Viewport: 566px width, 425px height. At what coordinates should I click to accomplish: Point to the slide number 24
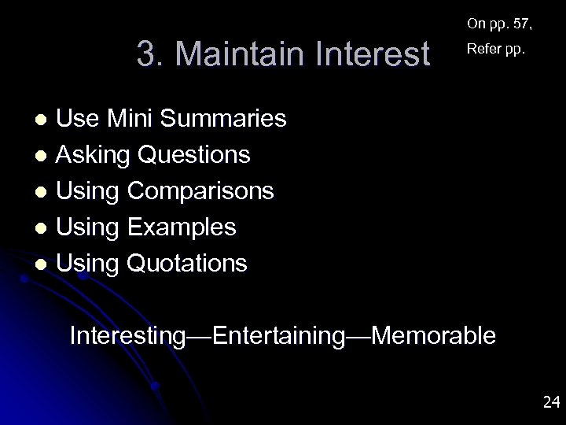(x=550, y=403)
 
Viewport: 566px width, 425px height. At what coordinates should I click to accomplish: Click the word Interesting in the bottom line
(x=128, y=336)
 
